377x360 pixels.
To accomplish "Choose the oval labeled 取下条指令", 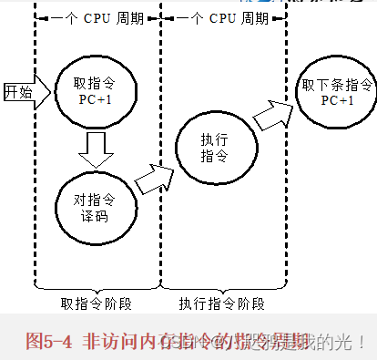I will tap(337, 91).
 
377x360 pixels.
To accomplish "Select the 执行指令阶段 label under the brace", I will tap(221, 303).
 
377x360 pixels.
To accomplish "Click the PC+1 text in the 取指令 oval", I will tap(97, 99).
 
